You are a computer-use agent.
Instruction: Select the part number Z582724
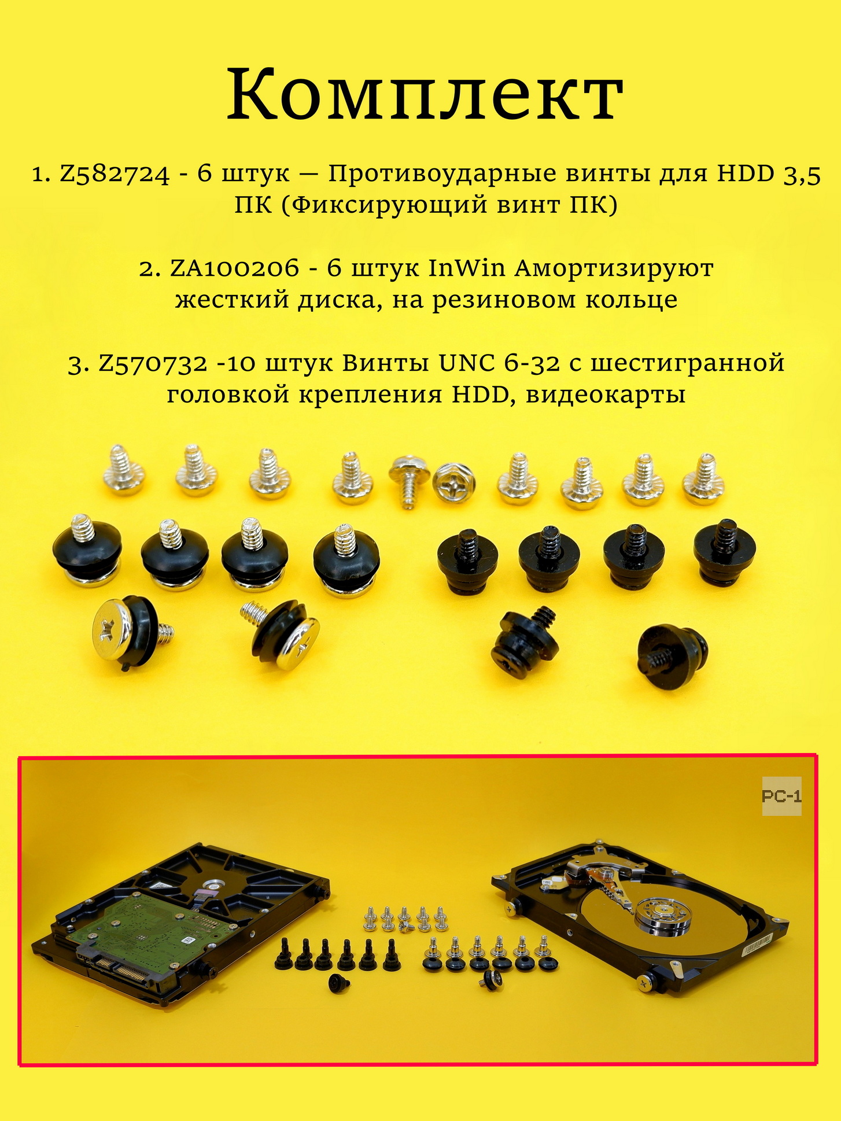tap(115, 174)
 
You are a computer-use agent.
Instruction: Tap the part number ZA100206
tap(235, 268)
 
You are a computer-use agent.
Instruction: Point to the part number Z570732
tap(153, 363)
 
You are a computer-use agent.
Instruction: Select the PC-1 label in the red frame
tap(781, 797)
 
